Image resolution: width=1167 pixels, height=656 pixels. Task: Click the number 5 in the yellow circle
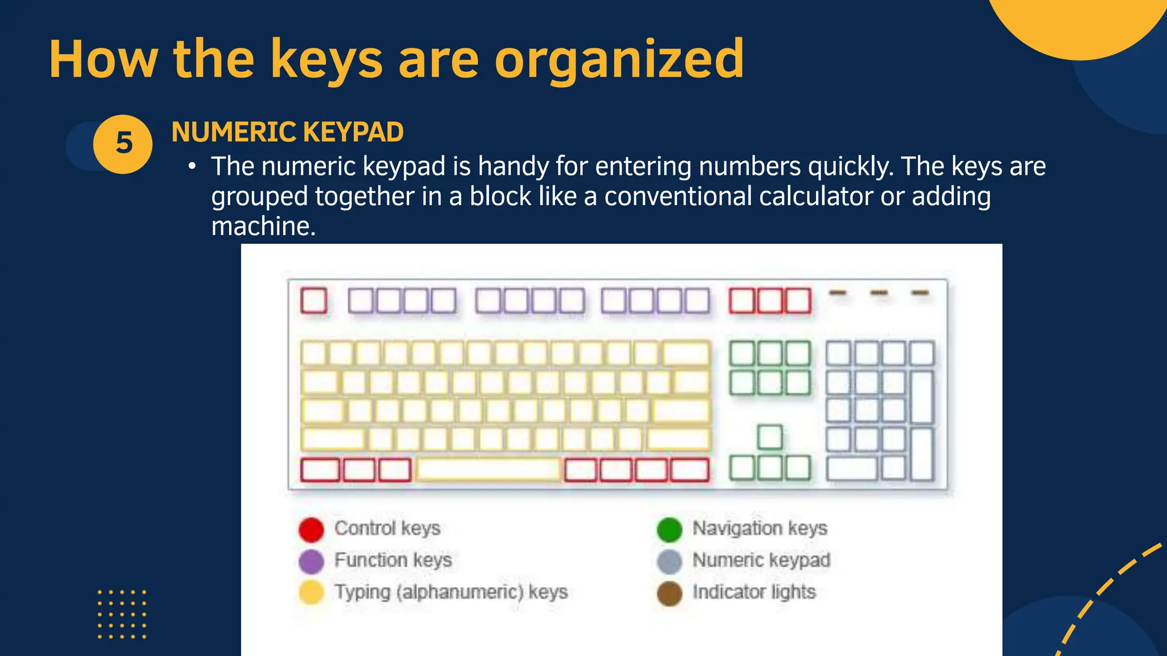click(124, 143)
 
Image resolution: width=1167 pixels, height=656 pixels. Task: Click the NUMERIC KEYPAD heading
click(287, 132)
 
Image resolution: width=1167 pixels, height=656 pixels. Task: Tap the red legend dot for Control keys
click(311, 530)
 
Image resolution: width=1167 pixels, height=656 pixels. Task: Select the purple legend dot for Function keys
click(311, 561)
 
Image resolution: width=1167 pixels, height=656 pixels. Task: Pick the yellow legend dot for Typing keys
click(311, 592)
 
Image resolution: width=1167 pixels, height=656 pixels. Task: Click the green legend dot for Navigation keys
click(669, 530)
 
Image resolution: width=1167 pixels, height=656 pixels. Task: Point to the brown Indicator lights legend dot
click(669, 593)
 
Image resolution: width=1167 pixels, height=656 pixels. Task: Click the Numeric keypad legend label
click(761, 560)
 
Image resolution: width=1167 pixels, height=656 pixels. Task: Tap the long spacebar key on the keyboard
click(488, 470)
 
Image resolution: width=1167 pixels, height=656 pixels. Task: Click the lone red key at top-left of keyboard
click(313, 301)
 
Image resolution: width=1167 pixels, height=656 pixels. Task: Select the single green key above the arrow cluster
click(770, 437)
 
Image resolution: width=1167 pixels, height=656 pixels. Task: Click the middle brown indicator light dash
click(879, 293)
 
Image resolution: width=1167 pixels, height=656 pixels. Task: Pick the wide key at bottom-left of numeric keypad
click(852, 469)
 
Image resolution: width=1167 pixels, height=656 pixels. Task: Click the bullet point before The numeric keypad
click(193, 167)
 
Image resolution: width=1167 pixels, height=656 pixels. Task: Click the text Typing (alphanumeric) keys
click(451, 592)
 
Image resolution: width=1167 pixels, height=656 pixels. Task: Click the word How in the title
click(103, 59)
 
